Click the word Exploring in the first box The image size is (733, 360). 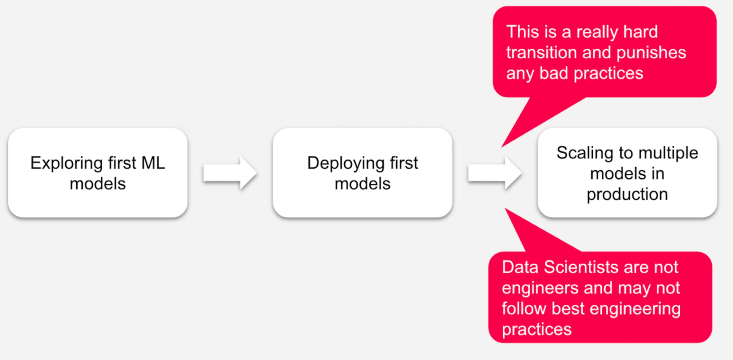coord(66,163)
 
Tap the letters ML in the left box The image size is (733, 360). coord(153,163)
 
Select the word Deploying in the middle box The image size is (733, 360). coord(346,163)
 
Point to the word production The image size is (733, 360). coord(627,194)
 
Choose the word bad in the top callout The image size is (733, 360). coord(554,73)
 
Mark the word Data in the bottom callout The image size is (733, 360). coord(520,267)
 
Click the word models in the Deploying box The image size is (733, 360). coord(362,184)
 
